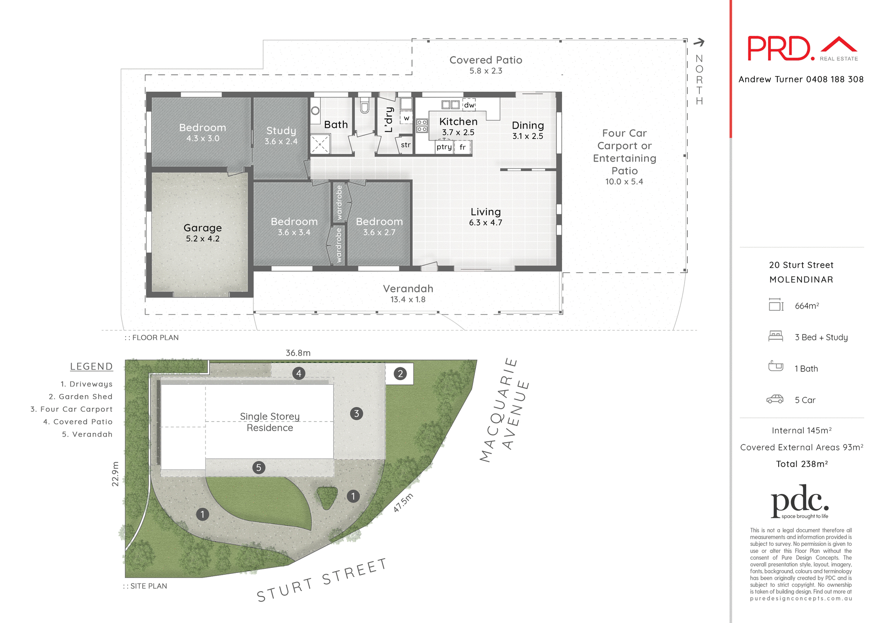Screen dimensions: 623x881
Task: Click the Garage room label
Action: click(202, 228)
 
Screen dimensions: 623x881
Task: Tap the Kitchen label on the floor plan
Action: click(458, 122)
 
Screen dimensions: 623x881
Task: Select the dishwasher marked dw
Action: click(469, 105)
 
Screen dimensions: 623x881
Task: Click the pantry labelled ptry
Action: click(444, 147)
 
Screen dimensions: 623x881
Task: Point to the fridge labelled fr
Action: click(463, 147)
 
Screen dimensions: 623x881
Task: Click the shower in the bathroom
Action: click(320, 144)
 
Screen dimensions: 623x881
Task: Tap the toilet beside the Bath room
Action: click(365, 106)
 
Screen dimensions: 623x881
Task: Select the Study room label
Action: click(281, 131)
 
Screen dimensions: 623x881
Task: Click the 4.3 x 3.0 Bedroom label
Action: click(202, 132)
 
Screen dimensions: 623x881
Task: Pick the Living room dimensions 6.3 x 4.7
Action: click(485, 223)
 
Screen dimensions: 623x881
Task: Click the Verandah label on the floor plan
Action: click(408, 289)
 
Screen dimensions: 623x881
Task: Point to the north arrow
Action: click(699, 43)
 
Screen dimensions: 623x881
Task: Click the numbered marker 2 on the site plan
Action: click(400, 374)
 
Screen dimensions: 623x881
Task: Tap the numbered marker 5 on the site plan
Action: click(259, 467)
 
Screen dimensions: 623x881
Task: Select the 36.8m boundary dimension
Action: click(298, 353)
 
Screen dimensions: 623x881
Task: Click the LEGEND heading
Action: click(91, 366)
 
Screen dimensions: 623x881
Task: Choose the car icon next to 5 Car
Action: click(775, 399)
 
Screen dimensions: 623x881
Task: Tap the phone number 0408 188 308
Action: click(835, 79)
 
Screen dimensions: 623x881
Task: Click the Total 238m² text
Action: click(802, 464)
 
